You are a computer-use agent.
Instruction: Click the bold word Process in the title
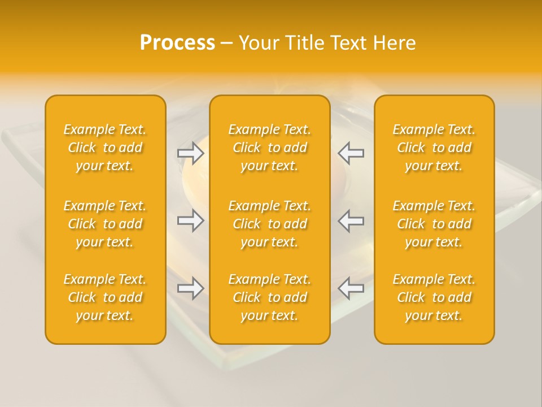point(177,43)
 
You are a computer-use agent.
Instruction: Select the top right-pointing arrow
point(190,153)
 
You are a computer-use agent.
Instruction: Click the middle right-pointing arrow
point(190,220)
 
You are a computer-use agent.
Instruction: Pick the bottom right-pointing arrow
point(190,288)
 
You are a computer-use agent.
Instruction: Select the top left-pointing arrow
point(351,153)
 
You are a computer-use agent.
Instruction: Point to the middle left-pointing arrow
point(351,220)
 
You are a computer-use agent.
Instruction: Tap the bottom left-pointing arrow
point(351,288)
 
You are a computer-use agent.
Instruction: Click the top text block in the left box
point(105,148)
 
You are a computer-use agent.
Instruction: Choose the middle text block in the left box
point(105,224)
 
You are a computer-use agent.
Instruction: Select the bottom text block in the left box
point(105,297)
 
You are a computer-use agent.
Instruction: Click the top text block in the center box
point(270,148)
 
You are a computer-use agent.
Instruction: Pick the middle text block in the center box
point(270,224)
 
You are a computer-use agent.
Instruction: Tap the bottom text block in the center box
point(270,297)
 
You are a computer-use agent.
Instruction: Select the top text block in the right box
point(434,148)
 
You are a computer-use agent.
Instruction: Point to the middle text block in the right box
point(434,224)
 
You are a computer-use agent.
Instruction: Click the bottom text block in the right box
point(434,297)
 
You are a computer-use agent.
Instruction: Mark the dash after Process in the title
point(226,44)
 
